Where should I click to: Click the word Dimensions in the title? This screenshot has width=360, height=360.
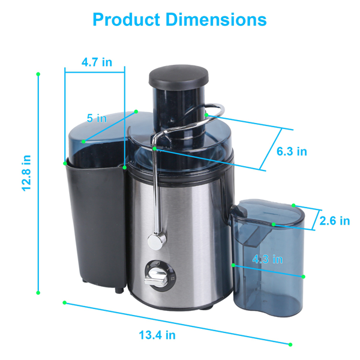tap(217, 19)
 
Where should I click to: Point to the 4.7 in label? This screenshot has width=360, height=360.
tap(96, 62)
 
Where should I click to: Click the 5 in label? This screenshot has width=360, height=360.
tap(96, 118)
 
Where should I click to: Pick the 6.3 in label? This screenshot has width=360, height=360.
tap(292, 151)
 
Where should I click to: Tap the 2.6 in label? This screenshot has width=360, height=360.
tap(334, 221)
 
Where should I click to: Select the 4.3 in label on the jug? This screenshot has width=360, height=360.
tap(267, 259)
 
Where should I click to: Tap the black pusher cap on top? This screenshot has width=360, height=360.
tap(176, 77)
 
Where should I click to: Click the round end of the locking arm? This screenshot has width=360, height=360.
tap(157, 241)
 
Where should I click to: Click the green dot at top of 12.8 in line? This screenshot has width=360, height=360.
tap(38, 74)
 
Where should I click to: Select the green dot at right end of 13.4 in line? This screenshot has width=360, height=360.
tap(290, 344)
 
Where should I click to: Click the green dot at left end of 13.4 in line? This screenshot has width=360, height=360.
tap(64, 302)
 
